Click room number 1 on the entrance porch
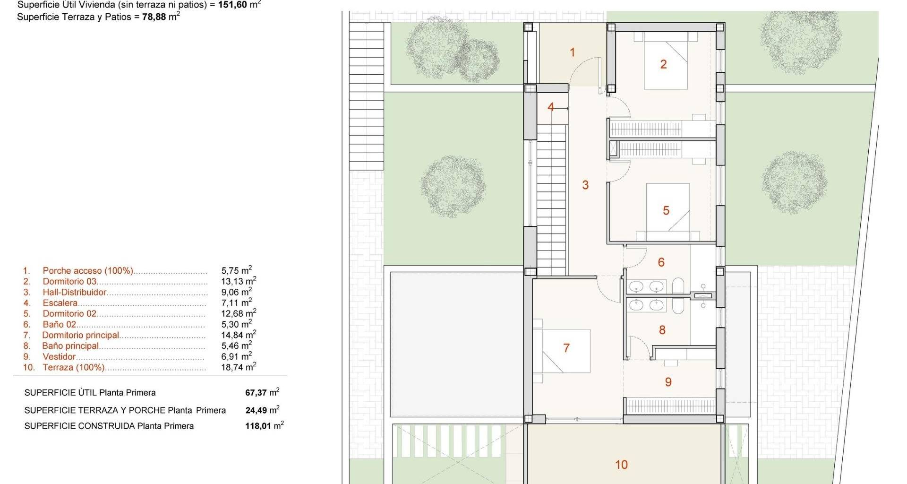573,52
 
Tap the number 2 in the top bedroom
663,64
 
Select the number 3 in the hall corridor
585,185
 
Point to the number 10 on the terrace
621,465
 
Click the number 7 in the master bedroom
566,348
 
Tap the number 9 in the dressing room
668,382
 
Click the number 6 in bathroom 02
661,262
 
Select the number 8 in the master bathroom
662,330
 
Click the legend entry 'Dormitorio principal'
81,335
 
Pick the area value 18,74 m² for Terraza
239,366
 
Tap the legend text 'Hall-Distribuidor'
75,292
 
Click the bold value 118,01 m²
264,425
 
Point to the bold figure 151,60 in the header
232,5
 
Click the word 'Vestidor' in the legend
59,357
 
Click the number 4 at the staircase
551,107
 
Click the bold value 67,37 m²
262,392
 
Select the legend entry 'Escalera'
60,303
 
